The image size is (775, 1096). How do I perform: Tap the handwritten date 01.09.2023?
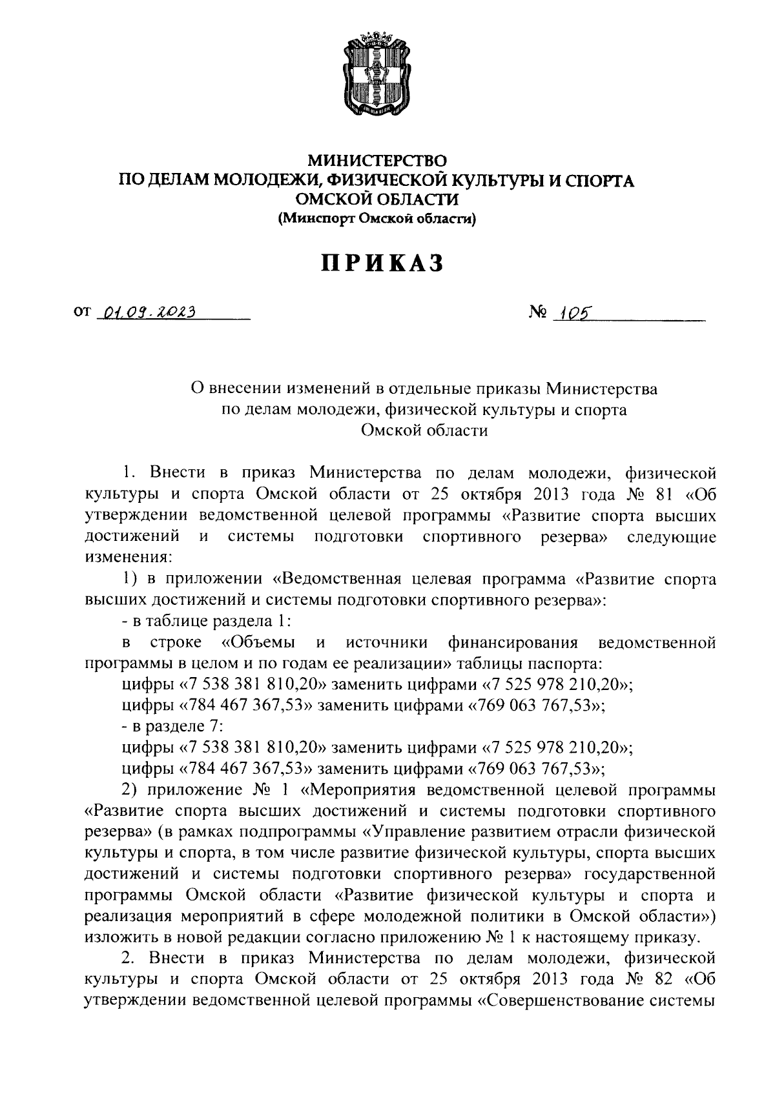point(146,313)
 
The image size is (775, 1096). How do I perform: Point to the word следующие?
point(672,537)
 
